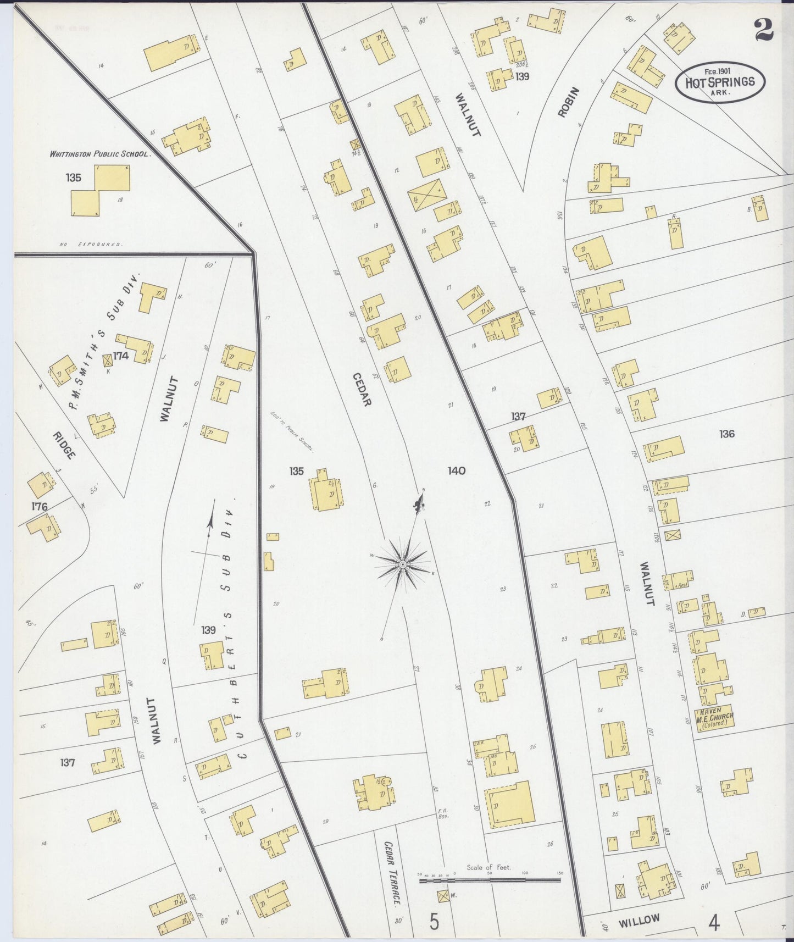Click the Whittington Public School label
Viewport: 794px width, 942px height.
pyautogui.click(x=99, y=154)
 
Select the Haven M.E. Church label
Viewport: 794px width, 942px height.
pyautogui.click(x=714, y=717)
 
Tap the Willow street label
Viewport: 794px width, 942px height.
pyautogui.click(x=638, y=921)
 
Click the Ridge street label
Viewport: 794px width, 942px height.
pyautogui.click(x=64, y=445)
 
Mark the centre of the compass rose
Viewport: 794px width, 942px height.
pyautogui.click(x=402, y=565)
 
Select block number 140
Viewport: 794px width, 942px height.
pyautogui.click(x=456, y=470)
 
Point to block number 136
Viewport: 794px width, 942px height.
pyautogui.click(x=726, y=434)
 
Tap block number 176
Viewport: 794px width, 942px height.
pyautogui.click(x=40, y=506)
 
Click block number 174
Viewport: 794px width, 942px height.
pyautogui.click(x=121, y=356)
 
